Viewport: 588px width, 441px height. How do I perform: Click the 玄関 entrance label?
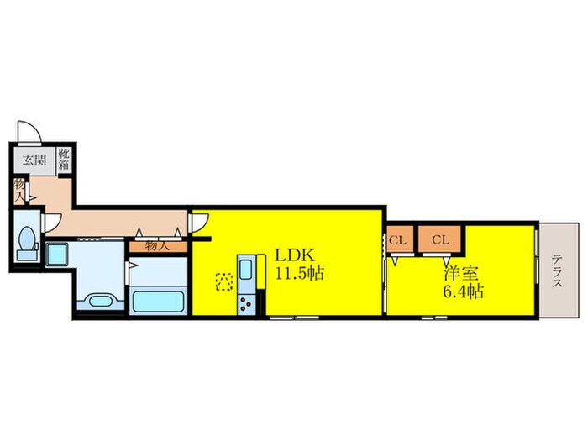click(34, 160)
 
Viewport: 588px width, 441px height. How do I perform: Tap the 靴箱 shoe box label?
click(65, 159)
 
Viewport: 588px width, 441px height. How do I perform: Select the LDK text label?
click(295, 255)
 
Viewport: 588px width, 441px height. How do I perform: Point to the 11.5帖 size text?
click(300, 273)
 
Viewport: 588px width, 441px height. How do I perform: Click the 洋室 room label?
click(460, 273)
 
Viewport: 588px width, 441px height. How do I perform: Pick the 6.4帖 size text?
click(464, 291)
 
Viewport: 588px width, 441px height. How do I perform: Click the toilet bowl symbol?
click(27, 240)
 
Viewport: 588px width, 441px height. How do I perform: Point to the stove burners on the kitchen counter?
click(245, 303)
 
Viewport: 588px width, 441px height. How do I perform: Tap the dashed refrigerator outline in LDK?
click(224, 281)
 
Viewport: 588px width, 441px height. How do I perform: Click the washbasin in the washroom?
click(100, 302)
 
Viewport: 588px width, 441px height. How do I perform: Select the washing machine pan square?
click(57, 255)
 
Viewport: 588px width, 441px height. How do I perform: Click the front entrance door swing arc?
click(29, 131)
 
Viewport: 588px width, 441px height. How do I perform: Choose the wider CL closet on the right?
click(440, 239)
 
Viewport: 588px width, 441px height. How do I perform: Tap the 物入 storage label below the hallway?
click(158, 246)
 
